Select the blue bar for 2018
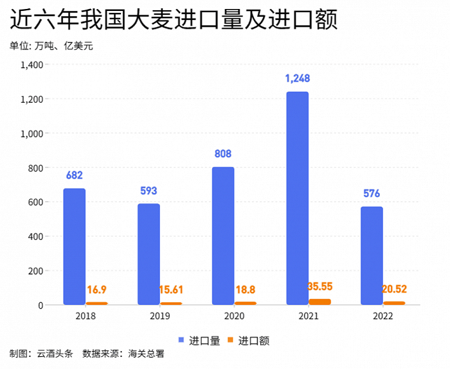point(75,246)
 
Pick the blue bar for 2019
point(148,254)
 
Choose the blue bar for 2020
point(223,236)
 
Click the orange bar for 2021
point(320,302)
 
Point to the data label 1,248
point(298,78)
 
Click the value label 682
point(75,175)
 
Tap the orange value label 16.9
point(97,291)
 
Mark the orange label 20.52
point(394,289)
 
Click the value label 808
point(223,154)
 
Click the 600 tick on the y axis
point(35,202)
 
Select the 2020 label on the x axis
point(235,316)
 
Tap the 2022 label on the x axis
point(383,316)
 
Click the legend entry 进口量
point(197,341)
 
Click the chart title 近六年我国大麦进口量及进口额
point(174,21)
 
